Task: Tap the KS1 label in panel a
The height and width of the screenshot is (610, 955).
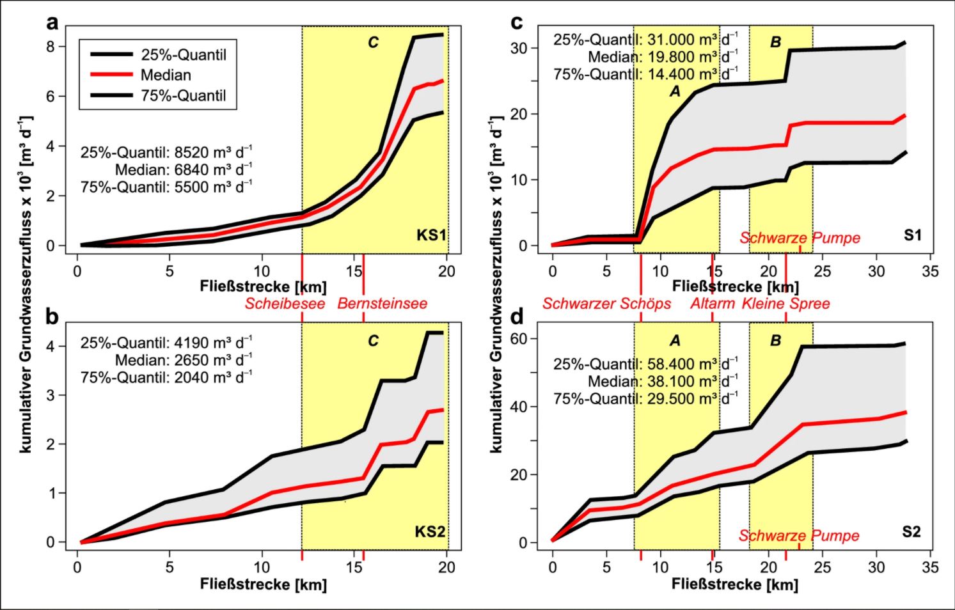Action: (x=431, y=235)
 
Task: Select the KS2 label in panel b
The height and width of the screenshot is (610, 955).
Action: (x=430, y=531)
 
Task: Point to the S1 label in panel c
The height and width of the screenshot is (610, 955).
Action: (x=913, y=235)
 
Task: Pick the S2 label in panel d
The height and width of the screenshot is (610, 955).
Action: (x=912, y=531)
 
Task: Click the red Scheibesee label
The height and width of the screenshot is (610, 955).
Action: (x=285, y=303)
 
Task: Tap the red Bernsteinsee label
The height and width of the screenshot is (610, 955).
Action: (x=383, y=303)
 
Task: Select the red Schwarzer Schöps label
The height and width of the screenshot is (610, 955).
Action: (x=606, y=303)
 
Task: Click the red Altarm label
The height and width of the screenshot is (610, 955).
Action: (x=713, y=303)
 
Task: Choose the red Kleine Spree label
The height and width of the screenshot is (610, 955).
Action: (x=785, y=303)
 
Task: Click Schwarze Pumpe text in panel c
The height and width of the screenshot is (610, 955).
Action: (x=800, y=238)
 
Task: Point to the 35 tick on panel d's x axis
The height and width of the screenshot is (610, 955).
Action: (x=930, y=567)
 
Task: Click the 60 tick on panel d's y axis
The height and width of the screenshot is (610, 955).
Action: (x=519, y=339)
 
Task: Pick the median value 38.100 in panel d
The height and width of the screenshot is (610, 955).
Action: (x=672, y=382)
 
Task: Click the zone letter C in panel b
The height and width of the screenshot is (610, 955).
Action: (x=373, y=341)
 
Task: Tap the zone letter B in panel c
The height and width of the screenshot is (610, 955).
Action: (x=775, y=42)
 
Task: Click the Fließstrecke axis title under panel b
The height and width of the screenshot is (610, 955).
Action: (x=263, y=584)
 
